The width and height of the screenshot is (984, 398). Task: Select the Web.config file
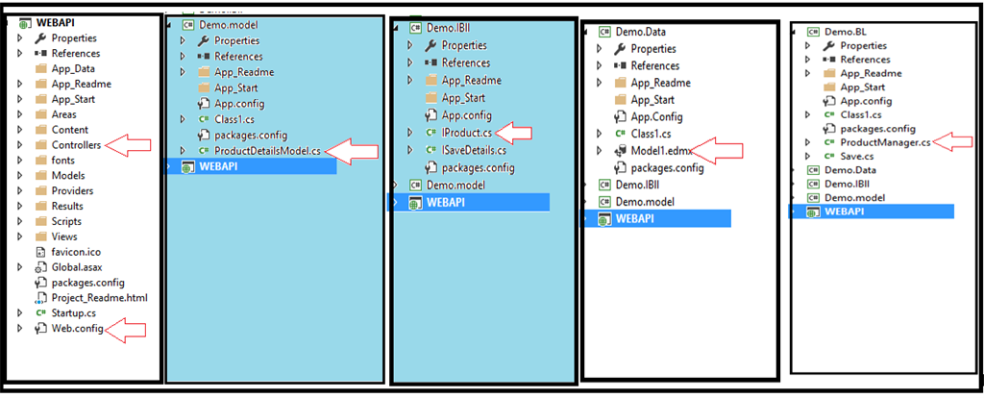[77, 329]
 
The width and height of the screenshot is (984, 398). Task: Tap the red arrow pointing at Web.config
[127, 330]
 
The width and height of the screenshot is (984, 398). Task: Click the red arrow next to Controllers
[129, 145]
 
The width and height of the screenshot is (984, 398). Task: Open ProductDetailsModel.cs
[268, 151]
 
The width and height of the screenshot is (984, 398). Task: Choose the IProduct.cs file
[466, 131]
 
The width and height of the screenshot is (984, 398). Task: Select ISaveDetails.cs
[473, 149]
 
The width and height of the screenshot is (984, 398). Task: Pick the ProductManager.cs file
[885, 142]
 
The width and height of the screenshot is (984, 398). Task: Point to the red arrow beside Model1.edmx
[715, 150]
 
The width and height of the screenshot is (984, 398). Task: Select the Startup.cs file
[73, 313]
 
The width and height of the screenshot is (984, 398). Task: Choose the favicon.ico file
[75, 252]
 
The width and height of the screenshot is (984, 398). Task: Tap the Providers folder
[72, 190]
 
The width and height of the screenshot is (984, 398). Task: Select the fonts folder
[64, 161]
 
